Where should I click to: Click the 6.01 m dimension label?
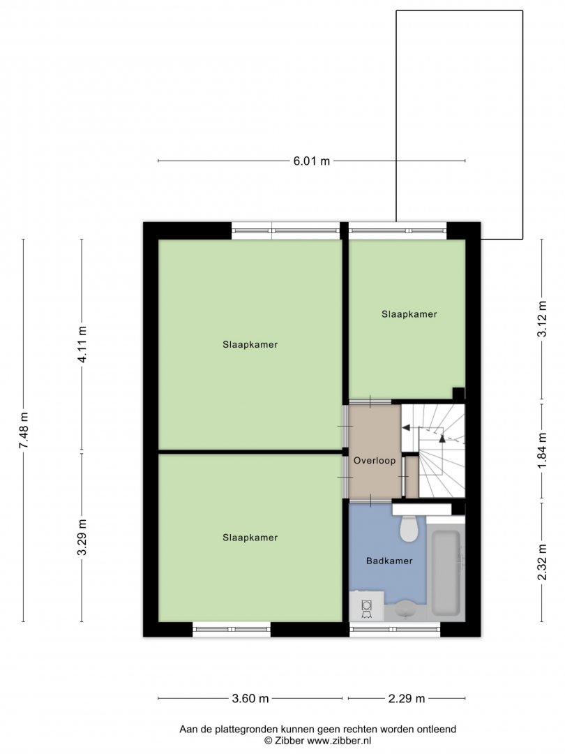[x=311, y=161]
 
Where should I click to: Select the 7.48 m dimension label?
[x=24, y=430]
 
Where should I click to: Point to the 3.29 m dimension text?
[x=82, y=537]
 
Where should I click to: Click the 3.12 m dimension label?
[x=543, y=319]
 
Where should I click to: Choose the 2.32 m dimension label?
[x=543, y=561]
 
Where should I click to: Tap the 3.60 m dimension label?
[x=250, y=699]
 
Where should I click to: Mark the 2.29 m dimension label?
[x=407, y=699]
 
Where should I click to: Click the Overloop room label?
[x=375, y=461]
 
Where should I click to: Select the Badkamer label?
[x=389, y=561]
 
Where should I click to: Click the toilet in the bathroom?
[x=409, y=528]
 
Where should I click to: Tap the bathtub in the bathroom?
[x=446, y=572]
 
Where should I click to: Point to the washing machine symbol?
[x=367, y=607]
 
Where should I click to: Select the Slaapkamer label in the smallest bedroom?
[x=409, y=314]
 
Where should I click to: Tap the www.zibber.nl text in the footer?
[x=339, y=741]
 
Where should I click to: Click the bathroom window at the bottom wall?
[x=395, y=629]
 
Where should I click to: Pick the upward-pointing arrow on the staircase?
[x=442, y=437]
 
